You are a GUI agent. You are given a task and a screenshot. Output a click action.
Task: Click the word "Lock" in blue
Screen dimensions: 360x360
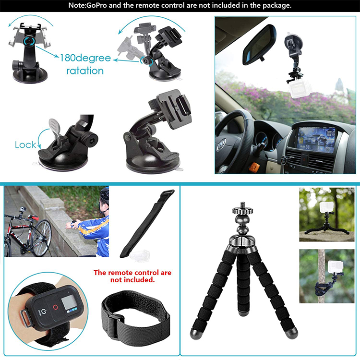25,145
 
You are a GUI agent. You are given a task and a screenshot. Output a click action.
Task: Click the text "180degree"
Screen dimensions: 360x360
85,58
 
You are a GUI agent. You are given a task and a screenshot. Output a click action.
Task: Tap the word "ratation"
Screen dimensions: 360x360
85,71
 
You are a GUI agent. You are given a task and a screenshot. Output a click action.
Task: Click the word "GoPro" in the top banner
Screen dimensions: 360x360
96,5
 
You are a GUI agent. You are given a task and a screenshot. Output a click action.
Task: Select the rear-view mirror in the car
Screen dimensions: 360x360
259,45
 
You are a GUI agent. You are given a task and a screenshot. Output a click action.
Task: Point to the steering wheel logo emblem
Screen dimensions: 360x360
222,144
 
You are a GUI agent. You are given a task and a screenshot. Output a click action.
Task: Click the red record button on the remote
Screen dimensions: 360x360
55,307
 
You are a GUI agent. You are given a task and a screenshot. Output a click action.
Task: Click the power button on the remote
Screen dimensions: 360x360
44,312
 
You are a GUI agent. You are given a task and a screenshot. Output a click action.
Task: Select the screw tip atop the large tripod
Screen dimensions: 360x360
242,205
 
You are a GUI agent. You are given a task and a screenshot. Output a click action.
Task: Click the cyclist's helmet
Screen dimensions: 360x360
105,193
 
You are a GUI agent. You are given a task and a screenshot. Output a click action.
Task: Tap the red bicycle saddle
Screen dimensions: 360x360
33,217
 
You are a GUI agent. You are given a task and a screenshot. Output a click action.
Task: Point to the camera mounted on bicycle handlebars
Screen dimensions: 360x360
22,209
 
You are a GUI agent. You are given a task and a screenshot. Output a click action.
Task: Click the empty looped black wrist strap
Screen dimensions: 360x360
135,316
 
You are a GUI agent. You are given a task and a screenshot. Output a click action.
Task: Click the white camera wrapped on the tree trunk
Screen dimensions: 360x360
336,266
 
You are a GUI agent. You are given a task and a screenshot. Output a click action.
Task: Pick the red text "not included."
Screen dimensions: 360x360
132,280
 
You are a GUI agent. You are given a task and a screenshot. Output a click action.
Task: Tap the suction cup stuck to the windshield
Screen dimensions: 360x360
293,42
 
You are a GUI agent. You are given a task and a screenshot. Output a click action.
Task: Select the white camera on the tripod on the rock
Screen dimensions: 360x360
326,207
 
